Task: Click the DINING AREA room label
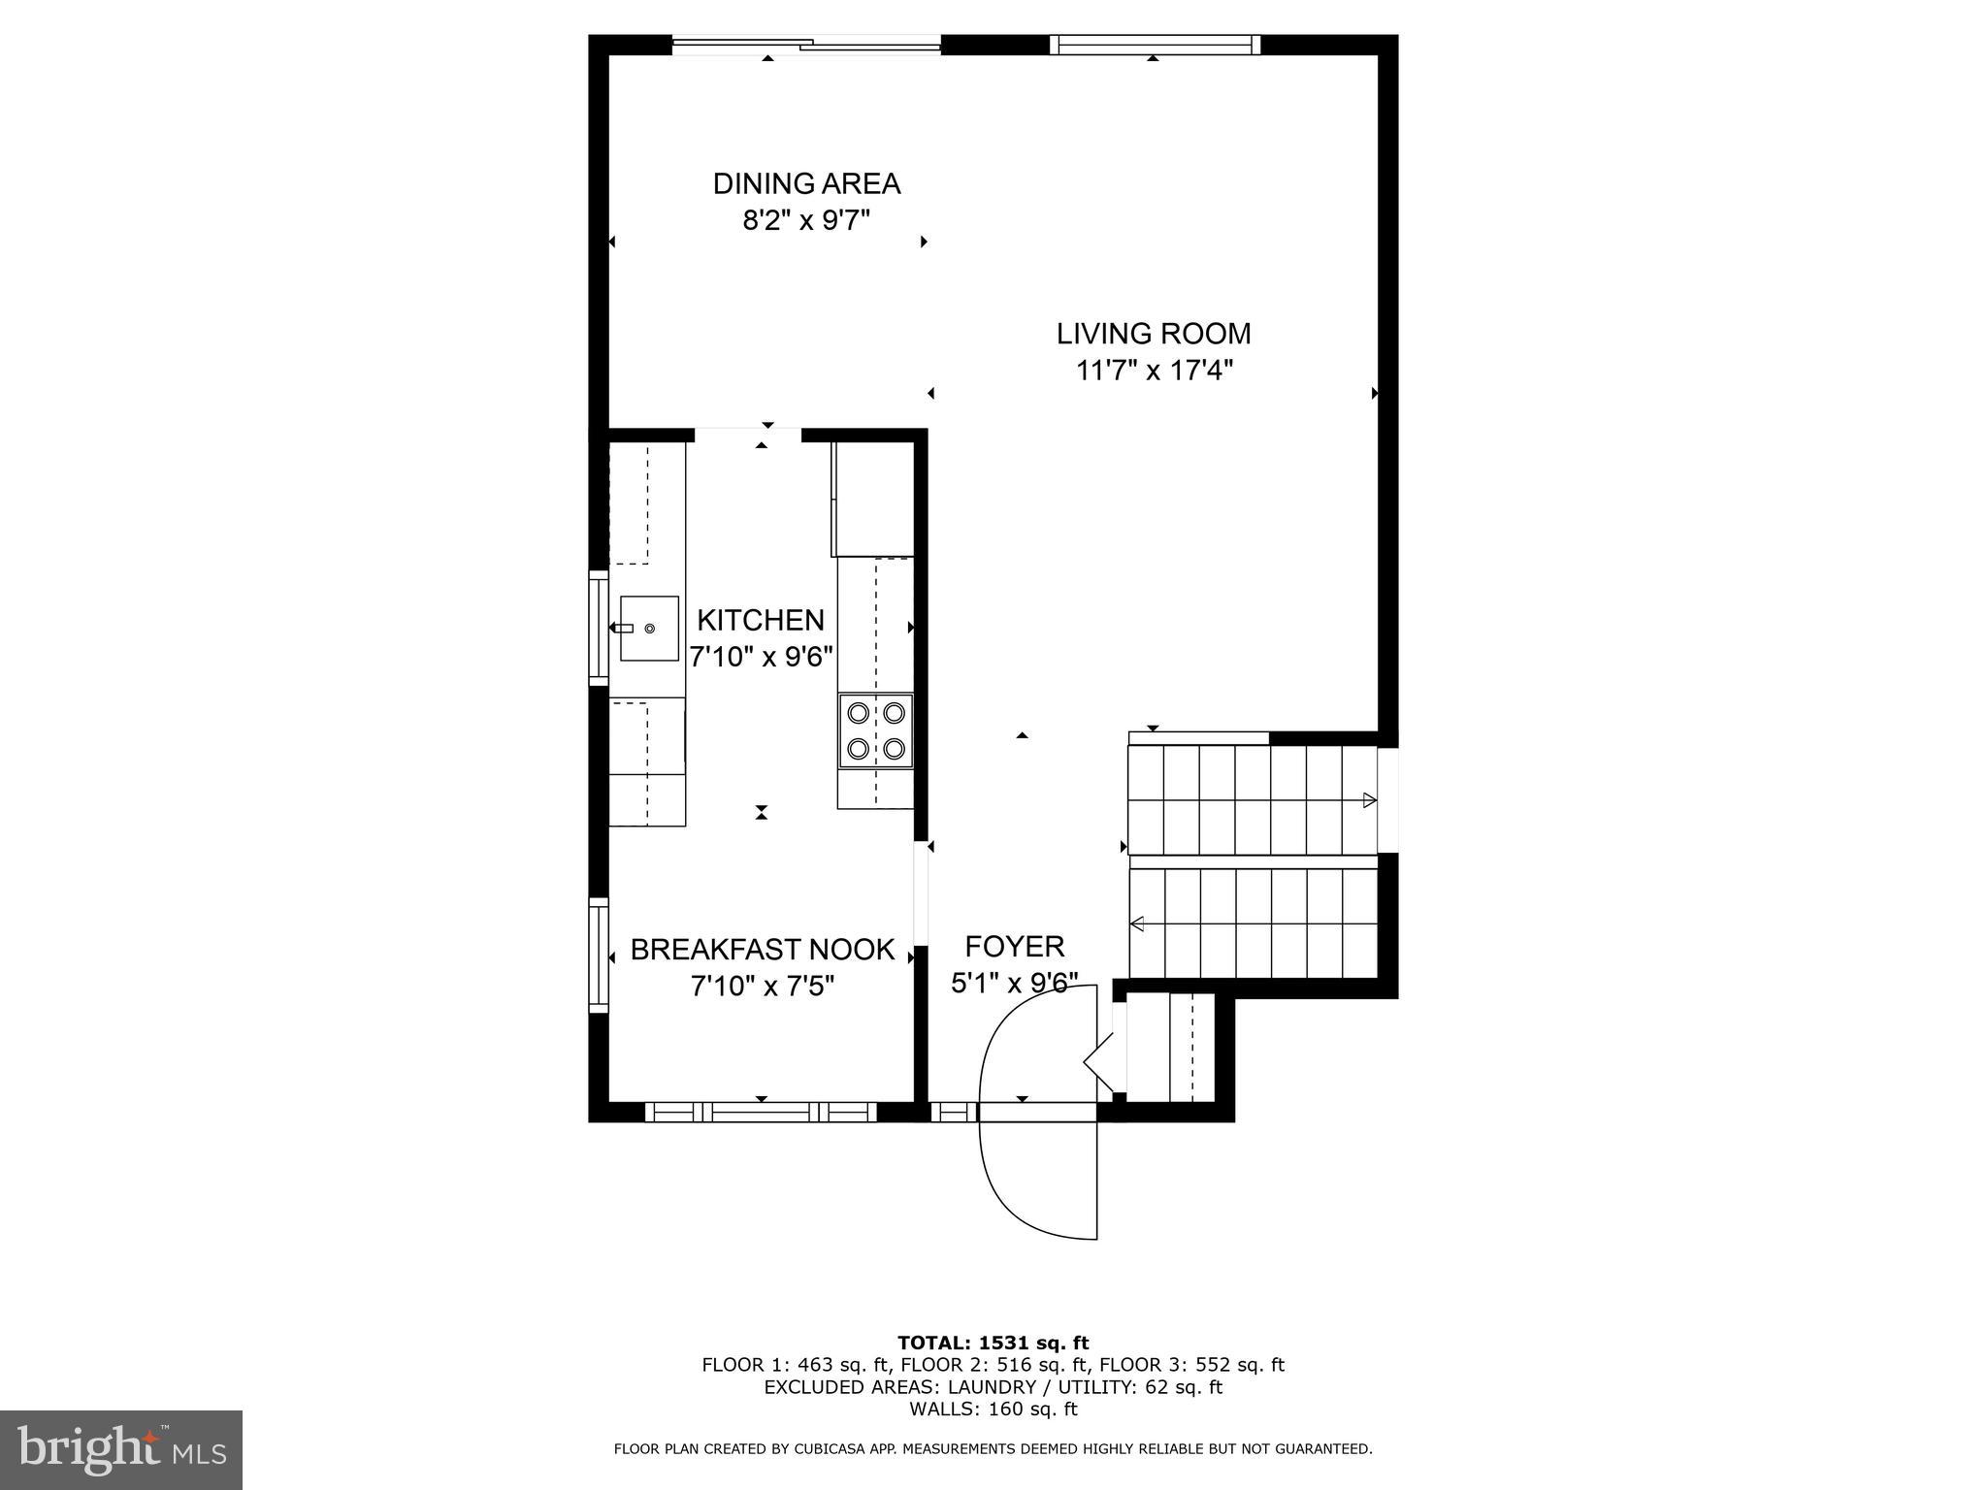[x=806, y=183]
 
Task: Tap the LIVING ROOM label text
[x=1153, y=334]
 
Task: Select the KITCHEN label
[x=761, y=620]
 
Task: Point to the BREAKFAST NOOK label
[x=763, y=950]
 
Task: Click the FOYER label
[x=1014, y=946]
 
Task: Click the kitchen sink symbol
[x=648, y=629]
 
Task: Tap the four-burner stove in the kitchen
[x=876, y=730]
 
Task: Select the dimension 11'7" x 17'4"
[x=1154, y=371]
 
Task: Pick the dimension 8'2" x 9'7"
[x=806, y=220]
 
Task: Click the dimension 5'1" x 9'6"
[x=1014, y=984]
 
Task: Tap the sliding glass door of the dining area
[x=806, y=44]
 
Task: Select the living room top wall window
[x=1155, y=44]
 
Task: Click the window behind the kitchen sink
[x=599, y=629]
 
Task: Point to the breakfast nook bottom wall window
[x=761, y=1112]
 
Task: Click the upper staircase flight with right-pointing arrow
[x=1252, y=799]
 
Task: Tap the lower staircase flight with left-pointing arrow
[x=1252, y=923]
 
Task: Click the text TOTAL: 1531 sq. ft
[x=993, y=1343]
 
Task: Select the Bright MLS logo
[x=121, y=1449]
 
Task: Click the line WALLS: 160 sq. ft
[x=993, y=1409]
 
